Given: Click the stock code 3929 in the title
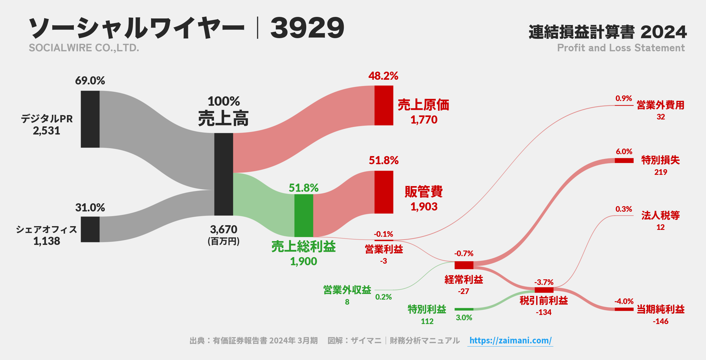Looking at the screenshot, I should pos(307,28).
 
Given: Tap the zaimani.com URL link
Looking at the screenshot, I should pos(510,340).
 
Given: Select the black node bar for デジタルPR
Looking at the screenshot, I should pos(90,119).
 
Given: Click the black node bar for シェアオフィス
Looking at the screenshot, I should pos(90,229).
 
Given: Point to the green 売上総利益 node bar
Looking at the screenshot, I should pos(303,215).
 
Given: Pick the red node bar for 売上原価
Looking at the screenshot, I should pos(384,105).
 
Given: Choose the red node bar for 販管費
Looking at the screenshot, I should pos(384,192).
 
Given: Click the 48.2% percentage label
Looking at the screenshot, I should pos(383,76).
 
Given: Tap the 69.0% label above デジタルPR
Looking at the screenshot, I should pos(90,81).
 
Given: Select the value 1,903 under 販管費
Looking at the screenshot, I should pos(424,206).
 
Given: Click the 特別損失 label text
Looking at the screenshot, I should pos(660,160).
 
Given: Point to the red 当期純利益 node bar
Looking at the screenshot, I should pos(624,309).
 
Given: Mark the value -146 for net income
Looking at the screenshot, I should pos(660,321).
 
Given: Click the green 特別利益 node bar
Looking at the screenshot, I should pos(464,309).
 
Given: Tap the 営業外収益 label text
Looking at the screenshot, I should pos(347,290).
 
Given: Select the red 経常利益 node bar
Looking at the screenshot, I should pos(464,265).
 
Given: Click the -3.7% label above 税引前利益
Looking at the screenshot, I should pos(544,282).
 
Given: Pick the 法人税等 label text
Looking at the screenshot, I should pos(660,215).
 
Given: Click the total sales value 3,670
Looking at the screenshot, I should pos(224,230).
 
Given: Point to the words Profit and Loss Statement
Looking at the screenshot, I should pos(621,48).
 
